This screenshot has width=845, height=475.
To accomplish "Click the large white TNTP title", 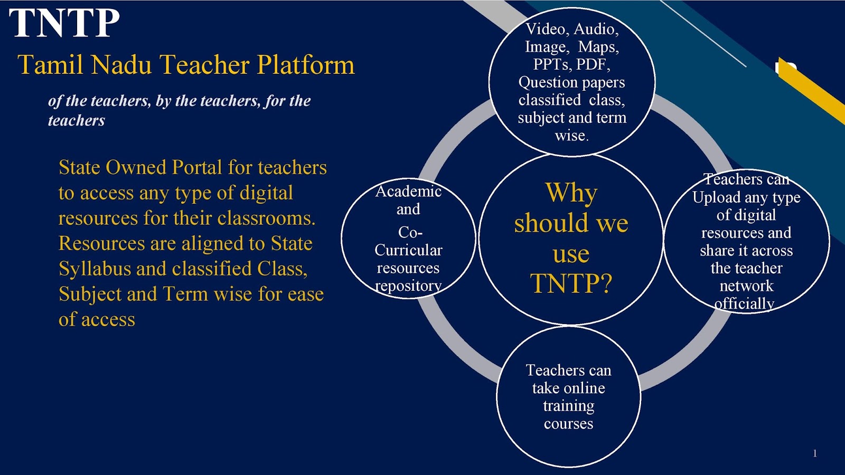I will point(64,23).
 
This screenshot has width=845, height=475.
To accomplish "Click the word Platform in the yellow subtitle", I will point(306,65).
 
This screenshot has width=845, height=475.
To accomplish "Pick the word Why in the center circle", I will point(571,193).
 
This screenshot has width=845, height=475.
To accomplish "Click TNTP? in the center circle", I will point(571,284).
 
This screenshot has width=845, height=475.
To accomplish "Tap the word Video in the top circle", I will point(546,29).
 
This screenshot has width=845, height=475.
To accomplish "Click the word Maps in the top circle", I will point(598,47).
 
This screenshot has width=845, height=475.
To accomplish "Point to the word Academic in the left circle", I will point(408,191).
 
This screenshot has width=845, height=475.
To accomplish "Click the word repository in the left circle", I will point(408,286).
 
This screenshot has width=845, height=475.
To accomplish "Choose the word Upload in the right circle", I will point(716,198).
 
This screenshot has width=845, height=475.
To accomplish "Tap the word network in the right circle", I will point(746,286).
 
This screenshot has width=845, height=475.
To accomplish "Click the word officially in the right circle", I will point(744,303).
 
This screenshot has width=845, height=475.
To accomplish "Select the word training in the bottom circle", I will point(568,406).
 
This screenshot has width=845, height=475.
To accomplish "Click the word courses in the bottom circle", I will point(568,424).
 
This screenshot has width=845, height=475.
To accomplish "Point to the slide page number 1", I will point(815,453).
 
